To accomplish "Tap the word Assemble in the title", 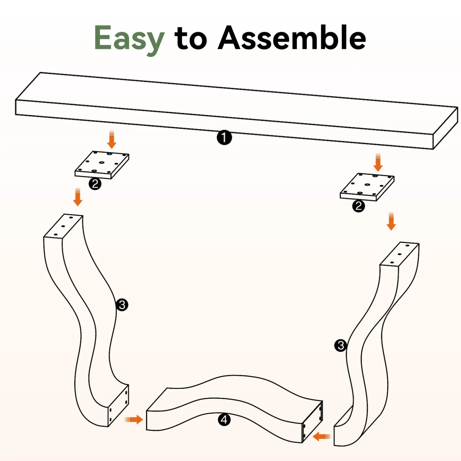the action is point(292,38).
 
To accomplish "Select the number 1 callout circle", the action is point(224,138).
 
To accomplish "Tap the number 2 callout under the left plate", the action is point(95,184).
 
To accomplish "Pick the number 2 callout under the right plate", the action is point(358,206).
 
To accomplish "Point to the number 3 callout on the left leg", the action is point(122,305).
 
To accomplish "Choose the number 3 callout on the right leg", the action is point(341,346).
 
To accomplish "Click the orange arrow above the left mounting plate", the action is point(112,140).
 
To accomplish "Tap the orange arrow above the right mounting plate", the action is point(378,162).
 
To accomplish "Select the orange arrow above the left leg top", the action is point(77,197).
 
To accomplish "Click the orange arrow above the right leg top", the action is point(391,221).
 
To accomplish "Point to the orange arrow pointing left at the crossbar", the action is point(321,437).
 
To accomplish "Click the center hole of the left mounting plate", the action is point(102,162).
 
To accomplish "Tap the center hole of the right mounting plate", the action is point(368,185).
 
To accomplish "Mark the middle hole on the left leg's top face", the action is point(63,226).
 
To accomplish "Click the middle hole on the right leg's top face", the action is point(399,254).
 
